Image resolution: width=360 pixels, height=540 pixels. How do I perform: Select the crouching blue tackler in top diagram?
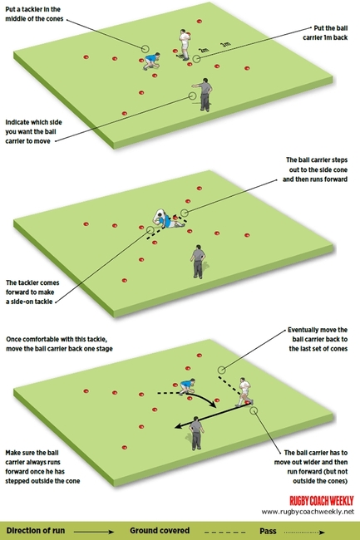150,61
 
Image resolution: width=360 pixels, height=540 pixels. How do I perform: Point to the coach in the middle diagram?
198,260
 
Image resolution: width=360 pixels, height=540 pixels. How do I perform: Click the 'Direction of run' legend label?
37,530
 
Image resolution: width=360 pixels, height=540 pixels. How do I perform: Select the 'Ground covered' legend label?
160,530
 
